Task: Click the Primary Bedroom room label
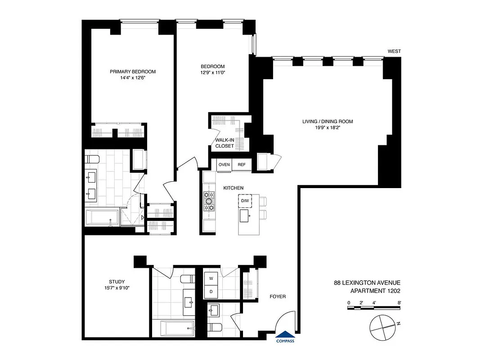133,72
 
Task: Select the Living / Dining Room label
327,121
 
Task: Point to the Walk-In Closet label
225,143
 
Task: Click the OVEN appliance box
224,165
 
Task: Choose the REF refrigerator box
242,165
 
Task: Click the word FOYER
278,297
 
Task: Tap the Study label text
117,282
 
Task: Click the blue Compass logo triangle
286,334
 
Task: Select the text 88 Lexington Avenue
367,283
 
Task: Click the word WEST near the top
394,51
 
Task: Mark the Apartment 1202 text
375,291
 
